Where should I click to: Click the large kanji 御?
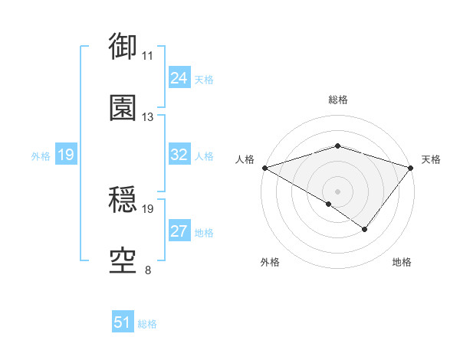pyautogui.click(x=123, y=46)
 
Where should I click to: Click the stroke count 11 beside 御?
pyautogui.click(x=148, y=56)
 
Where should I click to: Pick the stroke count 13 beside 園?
pyautogui.click(x=148, y=117)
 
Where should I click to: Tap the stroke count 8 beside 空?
pyautogui.click(x=148, y=270)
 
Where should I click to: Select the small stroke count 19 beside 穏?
pyautogui.click(x=148, y=208)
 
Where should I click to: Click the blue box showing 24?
pyautogui.click(x=179, y=78)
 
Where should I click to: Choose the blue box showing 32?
pyautogui.click(x=179, y=155)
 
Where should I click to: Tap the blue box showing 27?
pyautogui.click(x=179, y=231)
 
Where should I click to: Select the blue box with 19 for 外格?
pyautogui.click(x=65, y=155)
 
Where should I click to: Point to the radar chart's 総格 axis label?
pyautogui.click(x=338, y=100)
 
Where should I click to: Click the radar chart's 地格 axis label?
pyautogui.click(x=402, y=262)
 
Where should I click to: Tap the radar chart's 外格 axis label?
pyautogui.click(x=270, y=262)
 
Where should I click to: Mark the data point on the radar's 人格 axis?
pyautogui.click(x=264, y=168)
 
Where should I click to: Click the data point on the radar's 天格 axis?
pyautogui.click(x=411, y=168)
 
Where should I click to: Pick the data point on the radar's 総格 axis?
pyautogui.click(x=338, y=146)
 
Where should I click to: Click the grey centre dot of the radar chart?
pyautogui.click(x=338, y=191)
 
